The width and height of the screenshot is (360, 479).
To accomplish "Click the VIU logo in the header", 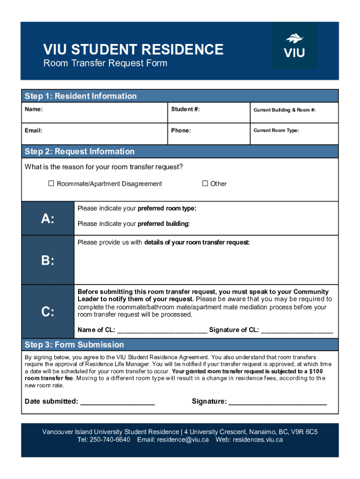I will coord(294,46).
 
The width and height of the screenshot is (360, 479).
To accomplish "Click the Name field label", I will coord(34,109).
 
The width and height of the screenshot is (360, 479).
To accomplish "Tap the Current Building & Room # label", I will coord(284,110).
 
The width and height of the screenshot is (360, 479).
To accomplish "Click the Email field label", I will coord(34,131).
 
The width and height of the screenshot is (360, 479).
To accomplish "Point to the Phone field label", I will coord(181,131).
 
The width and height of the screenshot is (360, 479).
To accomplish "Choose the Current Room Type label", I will coord(276,131).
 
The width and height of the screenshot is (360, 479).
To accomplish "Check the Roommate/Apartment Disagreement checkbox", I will coord(51,183).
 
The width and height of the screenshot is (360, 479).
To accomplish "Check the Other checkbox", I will coord(205,183).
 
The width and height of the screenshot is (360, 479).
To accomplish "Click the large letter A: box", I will coord(48,218).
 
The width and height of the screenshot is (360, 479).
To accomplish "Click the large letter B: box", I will coord(48,261).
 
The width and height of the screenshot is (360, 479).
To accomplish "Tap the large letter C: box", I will coord(48,312).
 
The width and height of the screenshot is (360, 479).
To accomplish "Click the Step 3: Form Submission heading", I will coord(74,345).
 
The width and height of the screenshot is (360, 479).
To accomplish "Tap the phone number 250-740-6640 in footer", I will coord(110,440).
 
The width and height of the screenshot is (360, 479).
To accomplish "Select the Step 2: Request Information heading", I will coord(79,152).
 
